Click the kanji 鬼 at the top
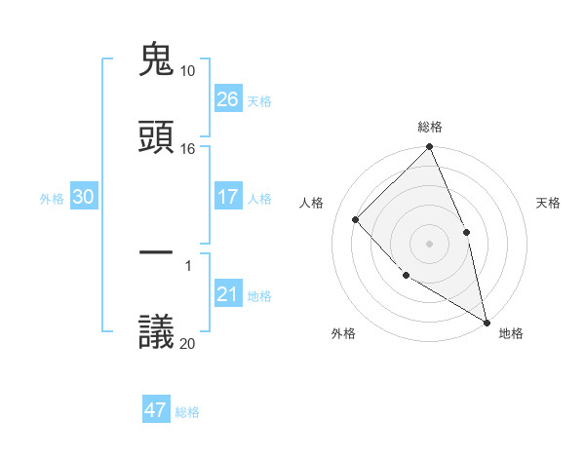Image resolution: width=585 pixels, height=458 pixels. click(157, 60)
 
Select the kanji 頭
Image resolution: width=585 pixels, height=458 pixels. click(157, 137)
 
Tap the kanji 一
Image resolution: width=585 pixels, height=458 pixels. click(157, 254)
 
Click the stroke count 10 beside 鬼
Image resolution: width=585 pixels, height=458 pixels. click(188, 71)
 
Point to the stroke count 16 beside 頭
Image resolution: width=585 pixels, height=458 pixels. click(188, 149)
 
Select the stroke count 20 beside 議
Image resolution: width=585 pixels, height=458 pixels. click(188, 343)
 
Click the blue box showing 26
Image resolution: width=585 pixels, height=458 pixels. click(228, 99)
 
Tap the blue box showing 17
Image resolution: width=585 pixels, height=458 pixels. click(228, 197)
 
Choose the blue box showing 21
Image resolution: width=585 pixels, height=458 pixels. click(228, 294)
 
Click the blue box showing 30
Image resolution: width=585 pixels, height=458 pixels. click(84, 197)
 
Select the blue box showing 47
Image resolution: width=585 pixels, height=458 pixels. click(156, 410)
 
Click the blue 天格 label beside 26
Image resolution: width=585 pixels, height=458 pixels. click(259, 101)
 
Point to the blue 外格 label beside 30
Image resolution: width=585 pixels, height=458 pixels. click(52, 199)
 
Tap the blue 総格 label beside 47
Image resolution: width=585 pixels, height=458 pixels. click(187, 412)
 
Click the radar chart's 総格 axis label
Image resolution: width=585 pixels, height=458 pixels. click(430, 127)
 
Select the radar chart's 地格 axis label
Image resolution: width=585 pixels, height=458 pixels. click(511, 333)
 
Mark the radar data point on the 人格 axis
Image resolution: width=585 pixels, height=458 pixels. click(356, 219)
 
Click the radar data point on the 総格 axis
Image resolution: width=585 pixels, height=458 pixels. click(430, 147)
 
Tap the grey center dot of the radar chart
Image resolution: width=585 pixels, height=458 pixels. click(430, 244)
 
